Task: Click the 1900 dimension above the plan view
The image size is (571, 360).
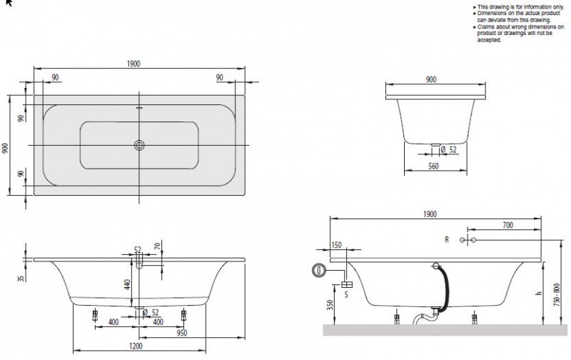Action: pyautogui.click(x=133, y=64)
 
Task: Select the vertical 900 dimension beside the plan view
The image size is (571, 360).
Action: pyautogui.click(x=6, y=147)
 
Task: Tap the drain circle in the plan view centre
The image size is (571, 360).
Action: pyautogui.click(x=139, y=146)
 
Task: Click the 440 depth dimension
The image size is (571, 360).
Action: pyautogui.click(x=127, y=284)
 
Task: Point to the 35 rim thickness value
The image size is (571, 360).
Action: pyautogui.click(x=21, y=276)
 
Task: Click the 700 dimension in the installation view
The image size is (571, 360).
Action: pyautogui.click(x=507, y=224)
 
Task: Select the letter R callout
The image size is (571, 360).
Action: pyautogui.click(x=447, y=240)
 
